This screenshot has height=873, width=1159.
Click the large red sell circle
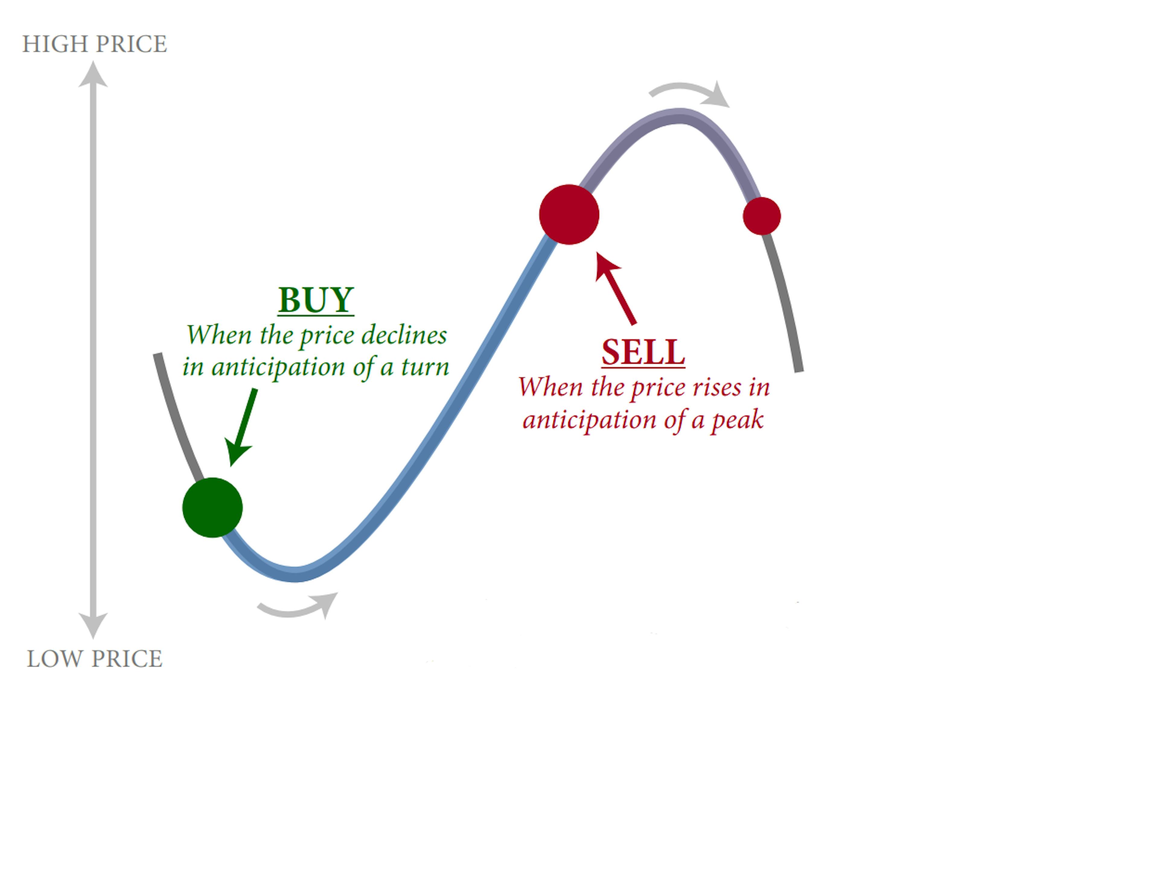569,214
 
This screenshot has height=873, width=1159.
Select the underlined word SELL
643,352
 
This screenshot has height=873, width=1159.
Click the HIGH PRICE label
94,44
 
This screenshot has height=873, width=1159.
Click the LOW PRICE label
94,659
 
